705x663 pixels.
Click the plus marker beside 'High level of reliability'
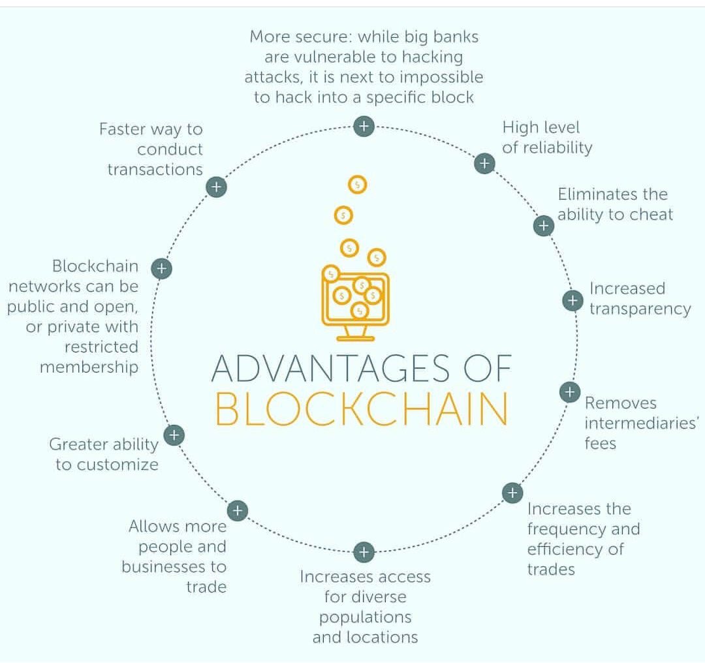(484, 162)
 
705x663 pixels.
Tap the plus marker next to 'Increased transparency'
(572, 300)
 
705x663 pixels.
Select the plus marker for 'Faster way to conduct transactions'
(216, 187)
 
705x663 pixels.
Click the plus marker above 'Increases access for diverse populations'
(364, 552)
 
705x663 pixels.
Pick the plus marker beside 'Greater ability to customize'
(174, 435)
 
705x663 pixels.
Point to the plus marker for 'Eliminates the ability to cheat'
(543, 226)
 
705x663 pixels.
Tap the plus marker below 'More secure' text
(364, 126)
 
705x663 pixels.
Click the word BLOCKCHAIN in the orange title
(361, 409)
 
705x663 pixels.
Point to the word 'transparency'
(640, 309)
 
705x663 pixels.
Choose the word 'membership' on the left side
(89, 367)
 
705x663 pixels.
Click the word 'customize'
(116, 465)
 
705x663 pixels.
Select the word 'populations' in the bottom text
(365, 617)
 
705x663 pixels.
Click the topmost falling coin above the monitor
(357, 185)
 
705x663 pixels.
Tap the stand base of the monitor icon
(356, 338)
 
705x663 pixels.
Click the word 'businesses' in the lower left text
(174, 566)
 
